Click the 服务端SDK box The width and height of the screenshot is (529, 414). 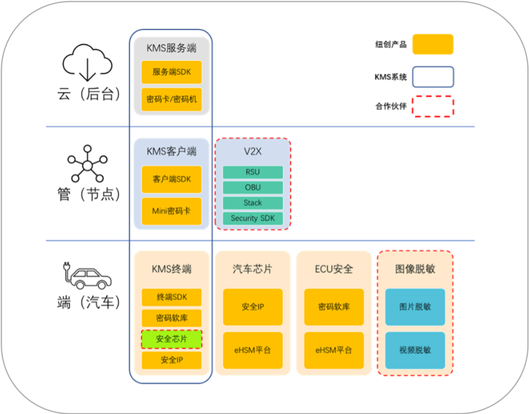coord(171,72)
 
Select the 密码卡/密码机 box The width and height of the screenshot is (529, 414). coord(171,99)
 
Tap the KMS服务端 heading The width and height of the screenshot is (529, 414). coord(171,48)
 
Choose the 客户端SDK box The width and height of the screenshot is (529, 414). coord(171,179)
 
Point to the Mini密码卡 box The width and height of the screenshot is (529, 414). coord(171,211)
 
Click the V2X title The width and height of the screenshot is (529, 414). coord(253,151)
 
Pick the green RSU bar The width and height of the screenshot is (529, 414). coord(253,172)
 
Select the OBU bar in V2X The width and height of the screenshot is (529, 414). coord(253,187)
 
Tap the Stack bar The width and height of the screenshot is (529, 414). coord(253,203)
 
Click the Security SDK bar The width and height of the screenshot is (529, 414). coord(253,219)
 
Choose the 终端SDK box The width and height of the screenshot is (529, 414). coord(171,297)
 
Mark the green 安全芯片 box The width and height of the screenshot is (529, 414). coord(171,339)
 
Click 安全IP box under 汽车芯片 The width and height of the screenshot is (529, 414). coord(253,307)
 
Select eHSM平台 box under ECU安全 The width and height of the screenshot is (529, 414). coord(334,350)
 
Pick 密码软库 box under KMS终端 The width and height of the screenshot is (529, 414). coord(171,318)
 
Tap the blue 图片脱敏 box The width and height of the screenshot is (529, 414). coord(415,307)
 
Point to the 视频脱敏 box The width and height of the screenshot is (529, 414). coord(415,350)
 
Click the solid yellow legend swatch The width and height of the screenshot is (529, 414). coord(433,45)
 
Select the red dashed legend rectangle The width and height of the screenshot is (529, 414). coord(433,106)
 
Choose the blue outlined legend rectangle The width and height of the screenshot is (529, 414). coord(433,77)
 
